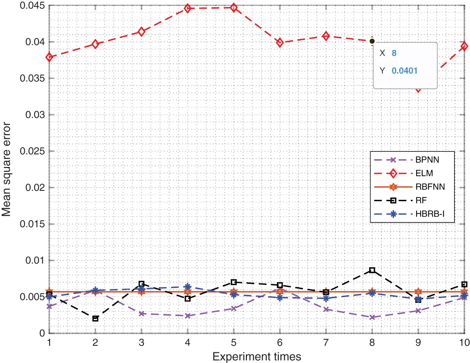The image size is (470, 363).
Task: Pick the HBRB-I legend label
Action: tap(430, 214)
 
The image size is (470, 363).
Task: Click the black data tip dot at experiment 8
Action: tap(372, 41)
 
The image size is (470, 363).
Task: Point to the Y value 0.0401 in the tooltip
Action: tap(404, 71)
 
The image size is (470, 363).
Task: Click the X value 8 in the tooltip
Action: tap(394, 53)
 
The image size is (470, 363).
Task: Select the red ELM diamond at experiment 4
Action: tap(188, 8)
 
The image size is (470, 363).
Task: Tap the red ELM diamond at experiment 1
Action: tap(49, 57)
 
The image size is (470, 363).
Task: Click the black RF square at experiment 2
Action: tap(95, 318)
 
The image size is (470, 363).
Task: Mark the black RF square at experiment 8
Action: tap(372, 270)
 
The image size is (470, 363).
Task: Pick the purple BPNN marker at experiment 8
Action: tap(372, 317)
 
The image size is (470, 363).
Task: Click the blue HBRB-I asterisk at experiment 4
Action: tap(188, 287)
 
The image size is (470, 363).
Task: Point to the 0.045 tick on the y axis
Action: tap(32, 6)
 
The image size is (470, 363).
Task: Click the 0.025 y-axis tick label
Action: tap(32, 151)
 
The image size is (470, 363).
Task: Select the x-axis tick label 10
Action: tap(464, 343)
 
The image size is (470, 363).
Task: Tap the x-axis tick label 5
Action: tap(233, 343)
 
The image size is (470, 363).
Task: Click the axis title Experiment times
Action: tap(257, 356)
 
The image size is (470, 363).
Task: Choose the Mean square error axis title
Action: tap(6, 169)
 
